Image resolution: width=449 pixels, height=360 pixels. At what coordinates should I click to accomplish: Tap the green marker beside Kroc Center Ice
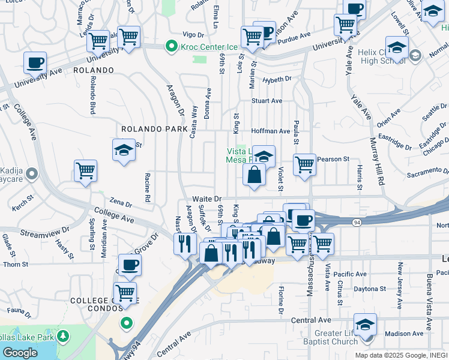pos(172,46)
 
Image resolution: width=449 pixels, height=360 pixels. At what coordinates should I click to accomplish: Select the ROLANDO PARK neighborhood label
pos(155,129)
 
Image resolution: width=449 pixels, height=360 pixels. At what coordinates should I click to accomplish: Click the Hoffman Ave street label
pos(271,131)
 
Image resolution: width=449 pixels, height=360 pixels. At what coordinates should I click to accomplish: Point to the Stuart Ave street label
pos(267,101)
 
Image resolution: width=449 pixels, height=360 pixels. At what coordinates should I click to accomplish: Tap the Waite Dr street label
pos(207,199)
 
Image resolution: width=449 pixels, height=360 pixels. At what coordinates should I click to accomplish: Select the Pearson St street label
pos(333,159)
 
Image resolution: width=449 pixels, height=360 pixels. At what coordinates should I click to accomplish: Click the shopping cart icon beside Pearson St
pos(305,163)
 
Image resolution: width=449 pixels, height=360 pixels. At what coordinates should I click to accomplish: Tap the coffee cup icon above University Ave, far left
pos(35,62)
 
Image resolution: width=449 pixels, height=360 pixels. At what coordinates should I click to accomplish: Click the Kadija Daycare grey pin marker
pos(32,174)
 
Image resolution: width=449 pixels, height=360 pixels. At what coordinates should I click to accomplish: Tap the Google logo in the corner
pos(20,353)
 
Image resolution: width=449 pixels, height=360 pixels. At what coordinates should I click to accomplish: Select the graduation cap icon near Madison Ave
pos(365,324)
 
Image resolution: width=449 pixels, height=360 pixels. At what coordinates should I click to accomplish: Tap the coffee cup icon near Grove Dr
pos(130,264)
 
